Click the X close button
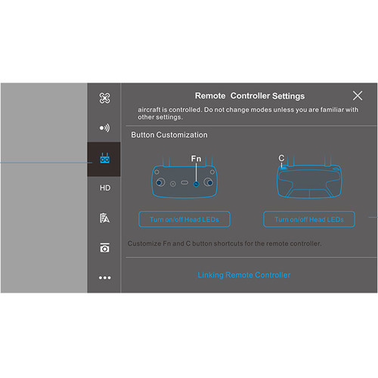tap(358, 96)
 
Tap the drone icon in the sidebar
tap(105, 98)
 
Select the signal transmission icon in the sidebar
tap(105, 128)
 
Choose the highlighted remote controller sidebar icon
tap(105, 158)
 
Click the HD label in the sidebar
tap(105, 187)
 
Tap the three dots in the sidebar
tap(105, 277)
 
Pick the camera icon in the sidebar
tap(105, 248)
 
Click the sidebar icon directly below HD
tap(105, 218)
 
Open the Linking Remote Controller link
tap(243, 275)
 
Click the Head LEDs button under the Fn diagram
tap(184, 219)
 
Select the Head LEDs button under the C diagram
tap(309, 219)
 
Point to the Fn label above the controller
tap(196, 160)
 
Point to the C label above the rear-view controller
tap(281, 159)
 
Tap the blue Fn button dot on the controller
tap(196, 184)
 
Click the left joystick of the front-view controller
tap(161, 184)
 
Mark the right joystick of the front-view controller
tap(206, 184)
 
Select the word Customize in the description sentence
tap(145, 243)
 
